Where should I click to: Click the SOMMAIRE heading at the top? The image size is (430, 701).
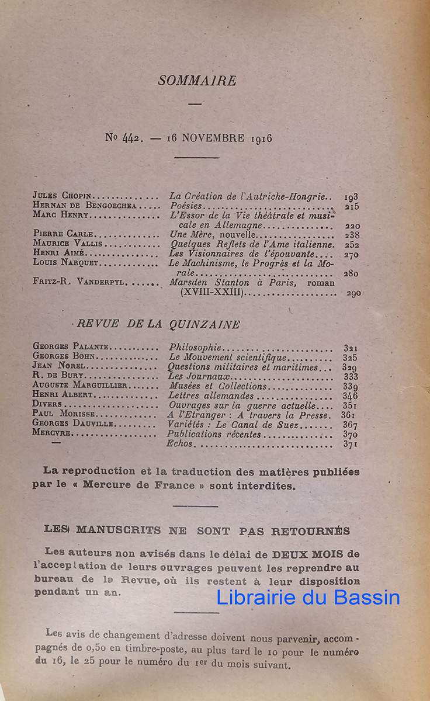pyautogui.click(x=197, y=81)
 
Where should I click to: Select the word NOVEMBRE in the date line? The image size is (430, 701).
pyautogui.click(x=213, y=138)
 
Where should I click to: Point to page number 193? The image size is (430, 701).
pyautogui.click(x=351, y=197)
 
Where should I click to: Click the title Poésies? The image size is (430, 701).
pyautogui.click(x=185, y=206)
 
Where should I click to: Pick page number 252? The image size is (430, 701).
pyautogui.click(x=352, y=245)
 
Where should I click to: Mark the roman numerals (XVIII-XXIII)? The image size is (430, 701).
pyautogui.click(x=211, y=293)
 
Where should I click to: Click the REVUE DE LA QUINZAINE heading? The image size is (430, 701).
pyautogui.click(x=158, y=325)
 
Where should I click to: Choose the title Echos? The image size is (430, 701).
pyautogui.click(x=179, y=444)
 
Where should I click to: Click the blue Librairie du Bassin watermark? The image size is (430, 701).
pyautogui.click(x=308, y=597)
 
